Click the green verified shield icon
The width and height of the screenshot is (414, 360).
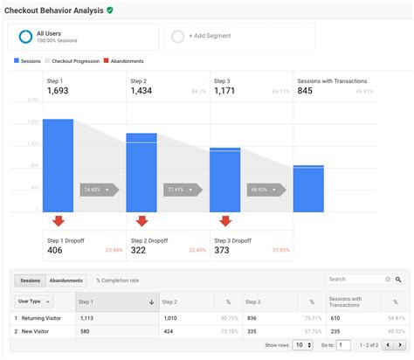click(109, 10)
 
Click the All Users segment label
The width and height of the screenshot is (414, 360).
click(48, 33)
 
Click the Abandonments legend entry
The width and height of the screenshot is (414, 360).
click(125, 61)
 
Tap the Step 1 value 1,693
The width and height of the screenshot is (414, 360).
click(58, 91)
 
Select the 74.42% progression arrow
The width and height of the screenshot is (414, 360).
click(94, 189)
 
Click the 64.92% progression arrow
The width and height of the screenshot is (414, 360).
click(264, 189)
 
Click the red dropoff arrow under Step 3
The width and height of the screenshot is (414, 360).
click(225, 221)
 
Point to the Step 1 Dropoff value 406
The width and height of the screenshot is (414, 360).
click(55, 250)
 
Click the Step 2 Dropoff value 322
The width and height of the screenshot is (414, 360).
click(138, 250)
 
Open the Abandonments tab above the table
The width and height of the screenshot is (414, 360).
click(66, 280)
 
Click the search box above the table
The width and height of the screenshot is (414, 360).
click(358, 280)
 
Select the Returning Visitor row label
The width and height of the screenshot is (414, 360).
click(42, 318)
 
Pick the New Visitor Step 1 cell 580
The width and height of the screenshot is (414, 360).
click(85, 331)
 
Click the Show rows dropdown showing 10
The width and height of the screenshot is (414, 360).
click(300, 345)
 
